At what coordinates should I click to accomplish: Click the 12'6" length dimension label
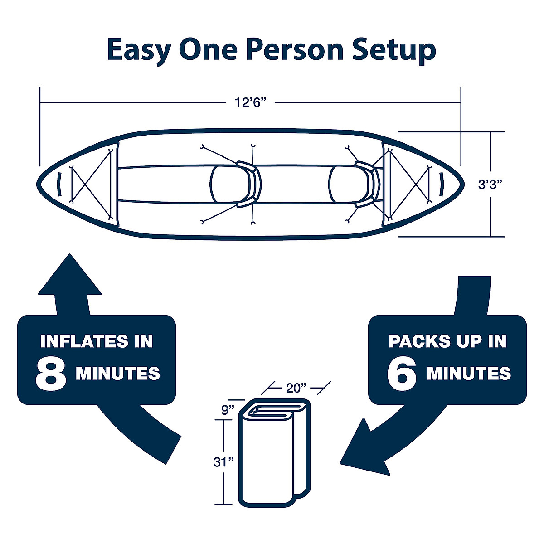pyautogui.click(x=249, y=102)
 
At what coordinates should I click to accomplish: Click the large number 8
pyautogui.click(x=51, y=374)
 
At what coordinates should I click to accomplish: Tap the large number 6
pyautogui.click(x=402, y=374)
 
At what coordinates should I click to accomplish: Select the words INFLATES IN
pyautogui.click(x=97, y=341)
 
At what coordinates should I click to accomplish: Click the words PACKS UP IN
pyautogui.click(x=447, y=341)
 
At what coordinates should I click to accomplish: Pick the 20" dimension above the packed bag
pyautogui.click(x=296, y=388)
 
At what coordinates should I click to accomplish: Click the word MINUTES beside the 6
pyautogui.click(x=469, y=374)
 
